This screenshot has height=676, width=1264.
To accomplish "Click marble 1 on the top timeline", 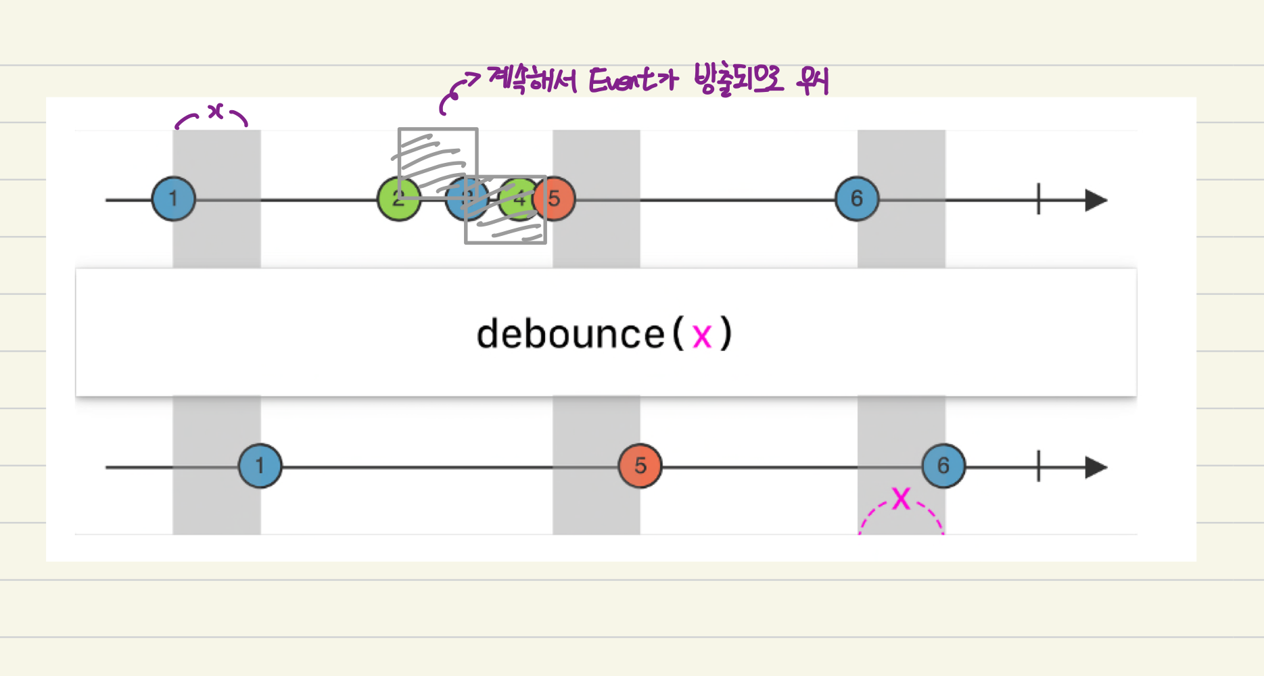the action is click(x=174, y=199).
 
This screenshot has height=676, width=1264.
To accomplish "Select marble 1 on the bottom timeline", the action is click(x=260, y=466).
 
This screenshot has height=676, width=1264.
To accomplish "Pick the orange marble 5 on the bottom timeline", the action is click(x=640, y=466).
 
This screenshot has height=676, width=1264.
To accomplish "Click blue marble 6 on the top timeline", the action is click(x=857, y=199).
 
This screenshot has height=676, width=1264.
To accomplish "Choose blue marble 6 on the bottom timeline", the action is click(x=943, y=466).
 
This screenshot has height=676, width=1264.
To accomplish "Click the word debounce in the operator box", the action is click(x=570, y=334).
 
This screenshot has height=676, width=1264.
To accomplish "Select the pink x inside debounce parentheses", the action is click(x=702, y=336).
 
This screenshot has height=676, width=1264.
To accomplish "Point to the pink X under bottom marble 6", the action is click(x=901, y=499).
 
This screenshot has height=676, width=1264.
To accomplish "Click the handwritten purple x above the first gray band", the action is click(x=215, y=111).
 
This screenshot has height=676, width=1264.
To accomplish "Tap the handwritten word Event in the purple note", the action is click(x=622, y=80).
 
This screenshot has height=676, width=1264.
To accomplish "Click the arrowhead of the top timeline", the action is click(x=1096, y=200).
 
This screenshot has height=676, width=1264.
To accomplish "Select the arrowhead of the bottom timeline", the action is click(x=1096, y=467).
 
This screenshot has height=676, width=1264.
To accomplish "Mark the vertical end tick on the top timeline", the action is click(x=1038, y=200).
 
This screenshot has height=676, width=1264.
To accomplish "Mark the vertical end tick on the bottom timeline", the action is click(x=1038, y=467).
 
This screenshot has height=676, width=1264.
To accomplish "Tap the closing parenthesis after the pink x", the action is click(x=725, y=334).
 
